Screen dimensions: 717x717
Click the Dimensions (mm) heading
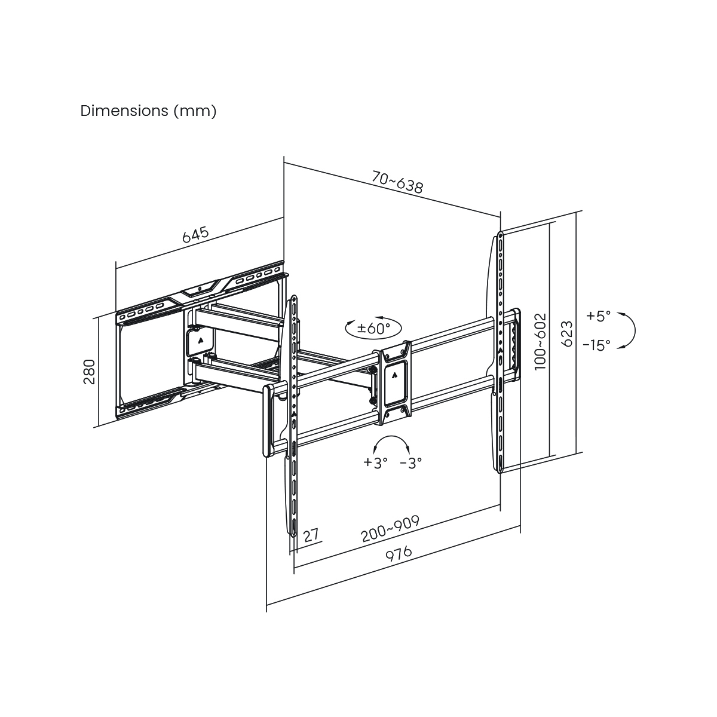coord(148,111)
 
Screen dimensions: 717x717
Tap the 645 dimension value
coord(195,234)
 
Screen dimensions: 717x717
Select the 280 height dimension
coord(89,372)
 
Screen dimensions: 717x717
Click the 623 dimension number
coord(567,333)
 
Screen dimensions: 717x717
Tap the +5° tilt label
coord(598,316)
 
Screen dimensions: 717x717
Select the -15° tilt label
coord(596,344)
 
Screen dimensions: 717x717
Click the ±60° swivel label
coord(373,327)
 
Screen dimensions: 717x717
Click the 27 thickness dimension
coord(310,535)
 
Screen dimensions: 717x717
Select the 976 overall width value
coord(399,554)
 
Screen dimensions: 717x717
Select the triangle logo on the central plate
coord(395,375)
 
